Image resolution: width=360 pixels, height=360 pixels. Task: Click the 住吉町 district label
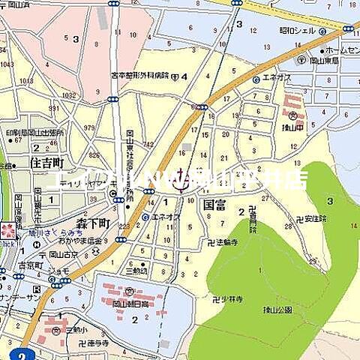point(49,163)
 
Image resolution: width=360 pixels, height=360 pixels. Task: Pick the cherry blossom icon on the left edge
point(7,229)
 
